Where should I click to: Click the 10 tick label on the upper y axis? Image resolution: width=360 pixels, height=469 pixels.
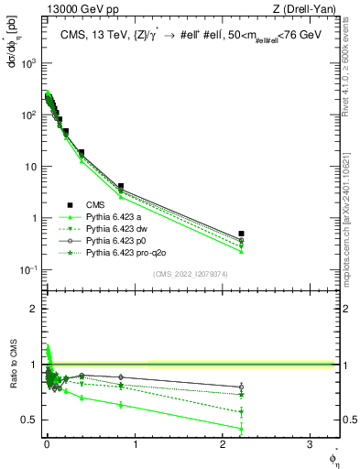pos(32,167)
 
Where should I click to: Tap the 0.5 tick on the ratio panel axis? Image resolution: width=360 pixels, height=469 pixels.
pos(30,420)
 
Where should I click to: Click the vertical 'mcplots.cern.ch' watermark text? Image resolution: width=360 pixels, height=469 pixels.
pos(351,220)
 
